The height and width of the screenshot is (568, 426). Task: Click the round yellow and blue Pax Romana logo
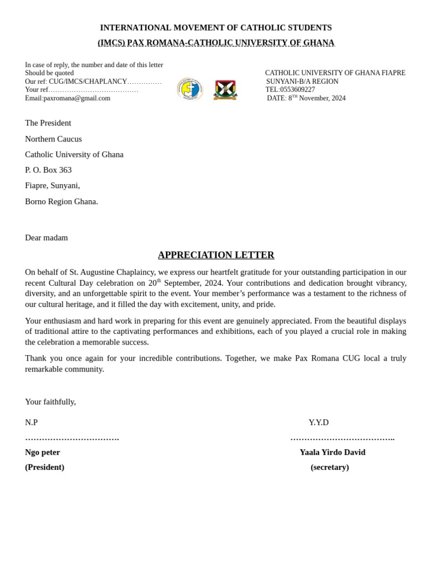(190, 89)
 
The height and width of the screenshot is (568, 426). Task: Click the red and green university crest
(225, 90)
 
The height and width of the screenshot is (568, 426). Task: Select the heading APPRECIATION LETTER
(216, 255)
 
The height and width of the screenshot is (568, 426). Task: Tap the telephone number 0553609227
(297, 90)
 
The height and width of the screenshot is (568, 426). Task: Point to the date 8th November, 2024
(317, 98)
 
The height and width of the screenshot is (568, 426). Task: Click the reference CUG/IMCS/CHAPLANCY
(88, 82)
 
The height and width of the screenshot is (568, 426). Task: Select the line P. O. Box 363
(48, 170)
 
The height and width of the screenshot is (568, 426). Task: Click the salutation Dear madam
(47, 238)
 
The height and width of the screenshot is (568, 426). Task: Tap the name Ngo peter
(43, 453)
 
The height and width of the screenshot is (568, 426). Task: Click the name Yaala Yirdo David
(332, 453)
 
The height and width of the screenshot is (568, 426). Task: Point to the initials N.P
(32, 423)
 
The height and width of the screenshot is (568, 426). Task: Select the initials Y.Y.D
(318, 423)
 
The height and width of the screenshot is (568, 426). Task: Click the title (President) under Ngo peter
(44, 468)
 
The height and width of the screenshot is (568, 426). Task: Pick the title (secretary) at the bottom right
(329, 468)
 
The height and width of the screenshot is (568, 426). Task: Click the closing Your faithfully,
(50, 402)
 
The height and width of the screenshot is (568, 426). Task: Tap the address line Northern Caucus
(53, 139)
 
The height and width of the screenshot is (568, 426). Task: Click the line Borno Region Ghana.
(62, 202)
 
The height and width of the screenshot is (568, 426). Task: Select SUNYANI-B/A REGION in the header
(302, 82)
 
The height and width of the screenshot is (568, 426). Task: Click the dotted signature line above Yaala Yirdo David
(342, 439)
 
